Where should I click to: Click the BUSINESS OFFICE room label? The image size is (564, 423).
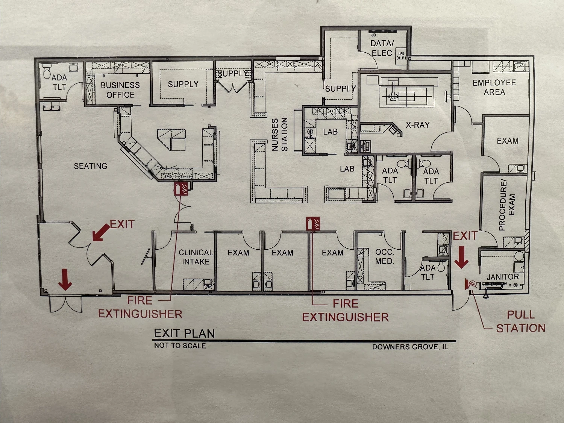pyautogui.click(x=120, y=90)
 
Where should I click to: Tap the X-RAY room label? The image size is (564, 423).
pyautogui.click(x=418, y=125)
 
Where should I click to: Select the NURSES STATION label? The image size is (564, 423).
pyautogui.click(x=280, y=134)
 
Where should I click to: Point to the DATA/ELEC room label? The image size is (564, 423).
pyautogui.click(x=382, y=48)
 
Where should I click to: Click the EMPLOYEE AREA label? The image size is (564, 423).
pyautogui.click(x=494, y=87)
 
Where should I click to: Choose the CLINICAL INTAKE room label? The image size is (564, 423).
pyautogui.click(x=196, y=257)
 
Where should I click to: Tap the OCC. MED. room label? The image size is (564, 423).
pyautogui.click(x=385, y=256)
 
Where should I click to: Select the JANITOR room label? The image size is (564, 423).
pyautogui.click(x=503, y=276)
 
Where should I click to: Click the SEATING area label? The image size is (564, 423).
pyautogui.click(x=91, y=166)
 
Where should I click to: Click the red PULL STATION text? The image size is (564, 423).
pyautogui.click(x=521, y=321)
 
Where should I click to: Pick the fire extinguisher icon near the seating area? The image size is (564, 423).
pyautogui.click(x=181, y=189)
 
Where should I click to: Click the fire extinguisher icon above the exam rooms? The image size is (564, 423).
pyautogui.click(x=313, y=223)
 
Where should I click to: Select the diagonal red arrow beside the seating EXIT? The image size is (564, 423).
pyautogui.click(x=101, y=232)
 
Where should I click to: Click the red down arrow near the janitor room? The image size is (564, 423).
pyautogui.click(x=461, y=257)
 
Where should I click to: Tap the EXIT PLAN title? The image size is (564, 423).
pyautogui.click(x=184, y=334)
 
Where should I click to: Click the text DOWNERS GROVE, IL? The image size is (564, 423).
pyautogui.click(x=410, y=347)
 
